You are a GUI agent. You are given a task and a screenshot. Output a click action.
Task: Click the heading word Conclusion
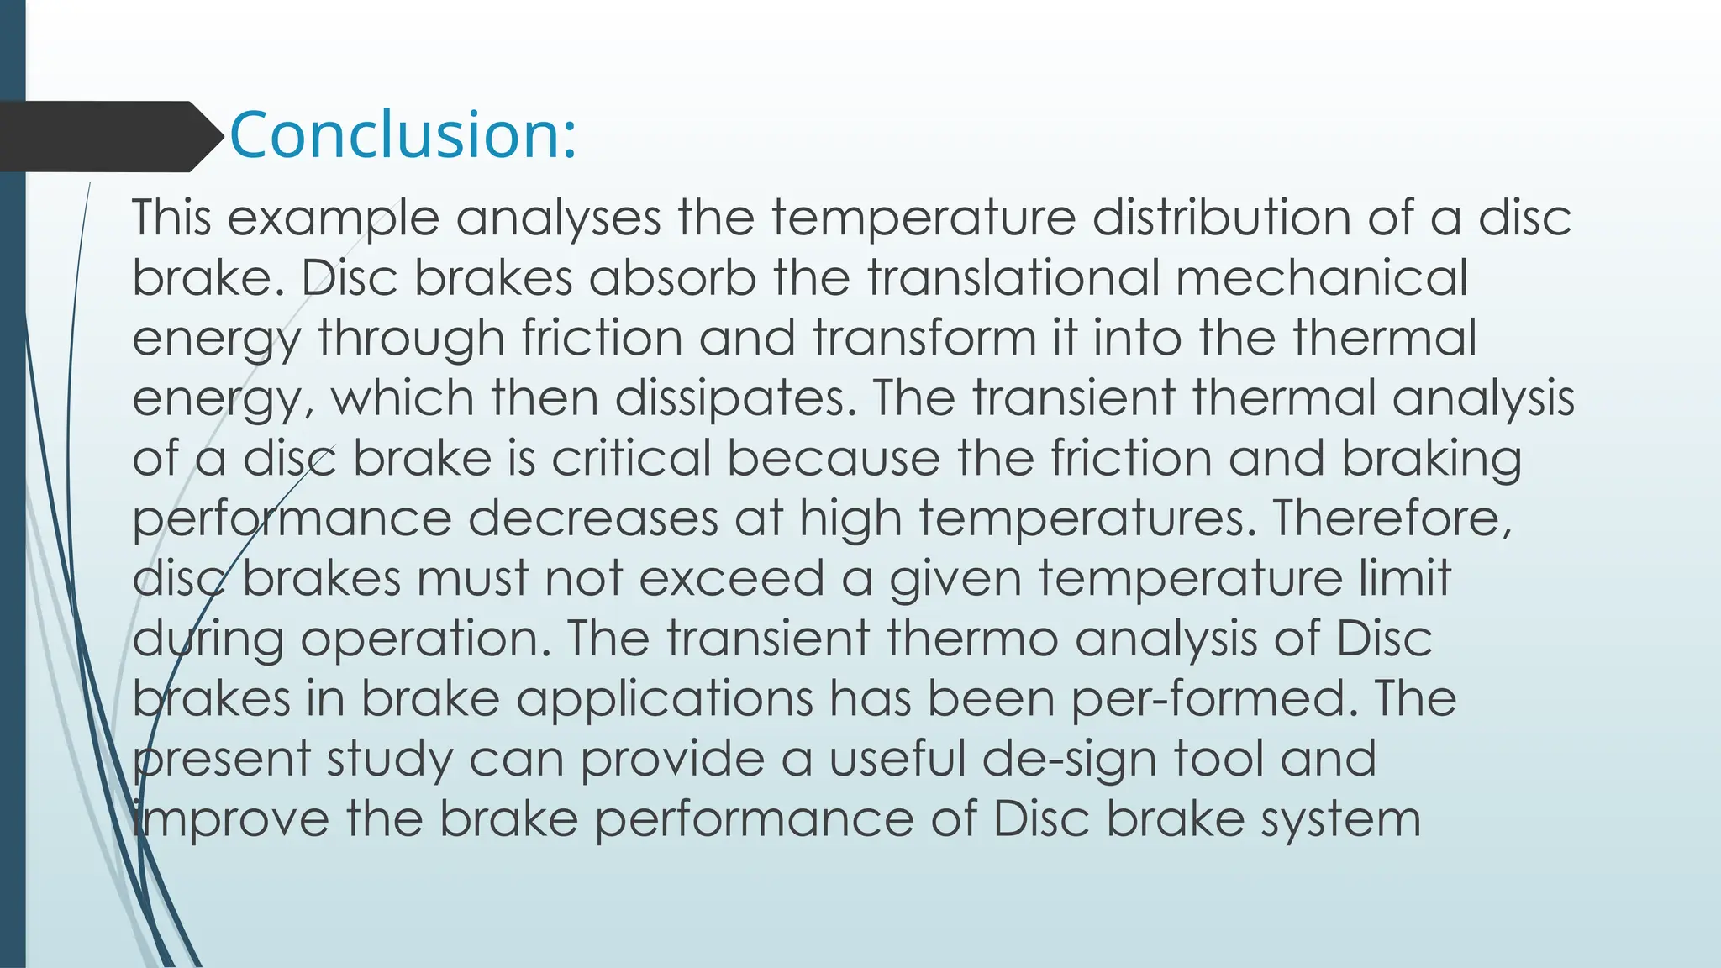(402, 134)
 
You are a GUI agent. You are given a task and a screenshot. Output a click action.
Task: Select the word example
(333, 218)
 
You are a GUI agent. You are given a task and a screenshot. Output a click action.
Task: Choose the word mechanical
(1322, 277)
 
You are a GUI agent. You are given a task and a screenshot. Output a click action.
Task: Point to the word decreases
(592, 518)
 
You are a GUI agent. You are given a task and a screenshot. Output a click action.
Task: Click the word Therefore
(1392, 518)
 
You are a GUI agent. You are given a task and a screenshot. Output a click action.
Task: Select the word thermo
(971, 639)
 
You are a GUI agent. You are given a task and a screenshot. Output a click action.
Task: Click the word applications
(664, 699)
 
